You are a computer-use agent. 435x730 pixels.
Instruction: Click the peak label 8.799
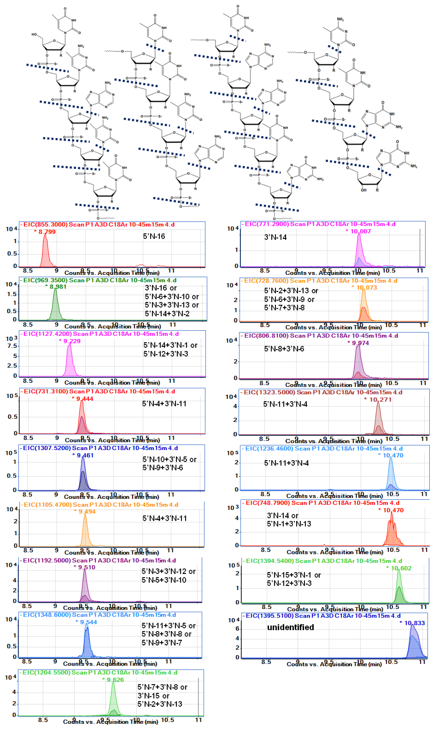coord(47,232)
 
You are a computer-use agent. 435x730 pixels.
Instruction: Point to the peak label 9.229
coord(71,341)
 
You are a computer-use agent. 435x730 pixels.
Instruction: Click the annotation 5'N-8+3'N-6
coord(284,349)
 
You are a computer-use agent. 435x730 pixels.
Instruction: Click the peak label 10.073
coord(366,288)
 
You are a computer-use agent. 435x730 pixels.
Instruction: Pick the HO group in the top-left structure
coord(34,35)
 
